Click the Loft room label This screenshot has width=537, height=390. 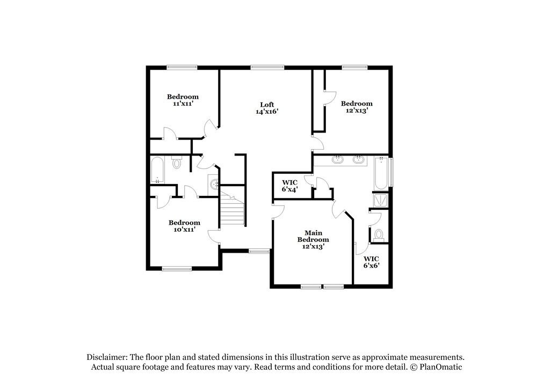[x=267, y=105]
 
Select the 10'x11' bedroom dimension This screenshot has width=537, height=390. [x=184, y=230]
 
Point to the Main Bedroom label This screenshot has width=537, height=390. [x=313, y=236]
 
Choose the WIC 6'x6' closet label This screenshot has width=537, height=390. [x=371, y=261]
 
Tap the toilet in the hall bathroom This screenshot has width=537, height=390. [x=177, y=162]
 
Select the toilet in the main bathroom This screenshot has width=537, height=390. [x=379, y=234]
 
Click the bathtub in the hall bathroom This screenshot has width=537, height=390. [x=157, y=169]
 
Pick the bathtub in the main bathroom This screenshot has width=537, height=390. [x=380, y=173]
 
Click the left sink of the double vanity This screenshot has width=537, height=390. [x=338, y=159]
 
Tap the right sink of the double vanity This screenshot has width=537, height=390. [x=358, y=159]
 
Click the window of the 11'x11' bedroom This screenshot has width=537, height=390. [x=182, y=67]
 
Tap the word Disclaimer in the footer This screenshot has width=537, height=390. [x=107, y=357]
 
